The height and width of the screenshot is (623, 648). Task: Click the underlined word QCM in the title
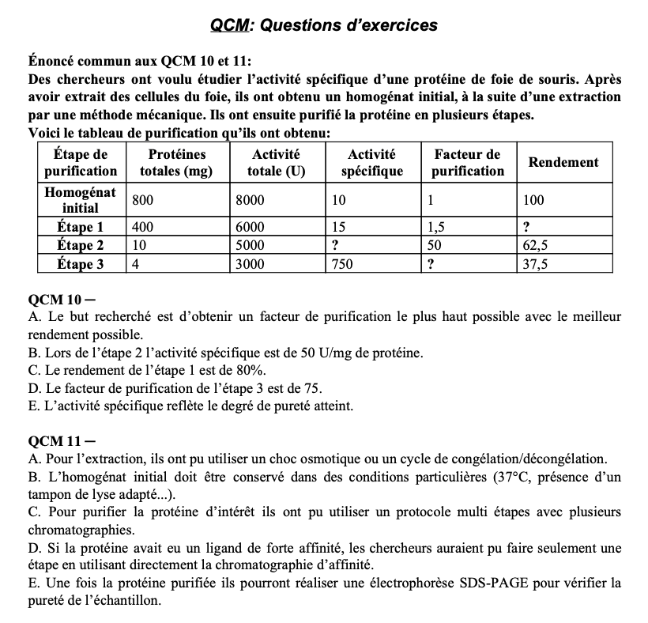[229, 25]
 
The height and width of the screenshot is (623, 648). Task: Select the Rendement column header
[563, 162]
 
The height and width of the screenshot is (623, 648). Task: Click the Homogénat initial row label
[80, 200]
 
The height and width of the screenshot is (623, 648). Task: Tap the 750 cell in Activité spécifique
[342, 265]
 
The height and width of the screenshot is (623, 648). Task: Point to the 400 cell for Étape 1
[142, 226]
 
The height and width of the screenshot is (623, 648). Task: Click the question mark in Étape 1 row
[527, 226]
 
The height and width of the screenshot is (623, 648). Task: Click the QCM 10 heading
[55, 301]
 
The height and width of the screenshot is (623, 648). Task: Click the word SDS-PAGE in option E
[507, 583]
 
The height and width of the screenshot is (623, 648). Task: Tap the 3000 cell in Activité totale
[250, 265]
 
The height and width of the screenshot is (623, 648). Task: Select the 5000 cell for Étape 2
[250, 245]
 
